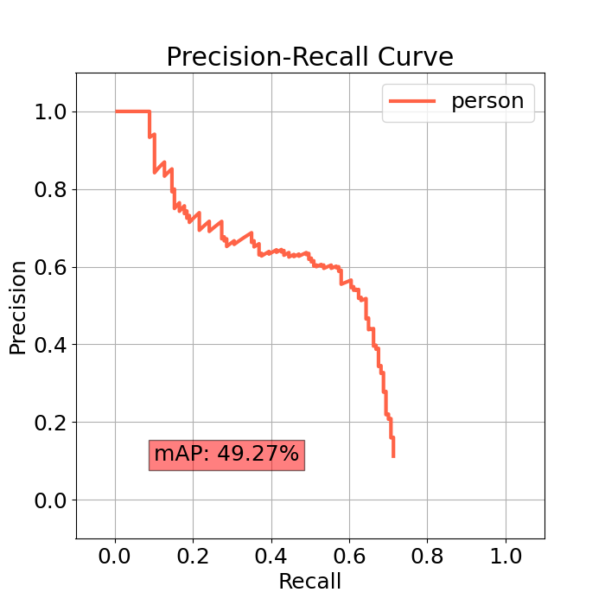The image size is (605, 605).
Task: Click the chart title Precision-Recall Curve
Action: pyautogui.click(x=309, y=57)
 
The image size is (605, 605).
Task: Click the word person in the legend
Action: pyautogui.click(x=487, y=101)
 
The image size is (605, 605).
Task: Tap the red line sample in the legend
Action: pyautogui.click(x=413, y=101)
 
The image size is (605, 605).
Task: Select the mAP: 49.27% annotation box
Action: pyautogui.click(x=226, y=454)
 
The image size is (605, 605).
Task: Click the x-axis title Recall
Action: pyautogui.click(x=309, y=582)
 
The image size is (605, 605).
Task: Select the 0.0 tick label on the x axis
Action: pyautogui.click(x=115, y=556)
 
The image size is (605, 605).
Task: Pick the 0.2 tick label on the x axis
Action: pyautogui.click(x=193, y=556)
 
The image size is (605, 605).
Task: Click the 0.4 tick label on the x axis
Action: pyautogui.click(x=271, y=556)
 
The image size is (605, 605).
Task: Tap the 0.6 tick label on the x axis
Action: pyautogui.click(x=349, y=556)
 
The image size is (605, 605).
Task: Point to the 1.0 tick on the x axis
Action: pyautogui.click(x=506, y=556)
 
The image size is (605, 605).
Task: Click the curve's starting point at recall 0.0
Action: pyautogui.click(x=116, y=111)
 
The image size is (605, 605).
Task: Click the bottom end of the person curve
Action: pyautogui.click(x=393, y=455)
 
